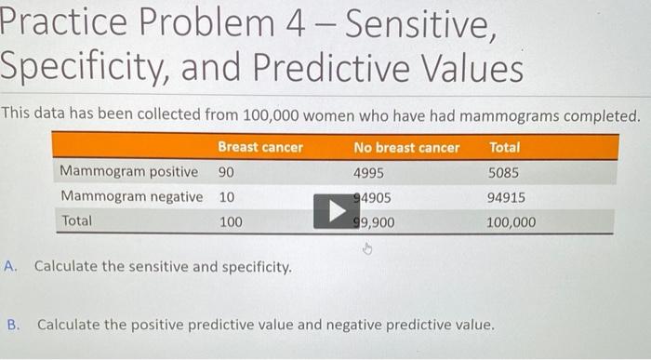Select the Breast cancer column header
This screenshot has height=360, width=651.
(x=259, y=147)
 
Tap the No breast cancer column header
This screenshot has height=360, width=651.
(x=406, y=147)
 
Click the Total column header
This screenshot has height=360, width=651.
(x=504, y=147)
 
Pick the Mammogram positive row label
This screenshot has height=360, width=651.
(x=128, y=172)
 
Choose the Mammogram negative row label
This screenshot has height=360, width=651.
(x=131, y=197)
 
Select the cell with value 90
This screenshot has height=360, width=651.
(x=226, y=172)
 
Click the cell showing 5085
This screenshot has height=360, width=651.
(x=504, y=172)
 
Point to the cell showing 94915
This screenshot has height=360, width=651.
(x=506, y=197)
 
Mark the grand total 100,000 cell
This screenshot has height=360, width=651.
(x=511, y=222)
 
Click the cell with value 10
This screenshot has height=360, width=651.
(x=226, y=197)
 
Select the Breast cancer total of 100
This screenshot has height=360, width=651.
(x=230, y=222)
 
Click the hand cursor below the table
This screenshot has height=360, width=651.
(x=366, y=249)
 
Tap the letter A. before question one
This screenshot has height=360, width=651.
(x=11, y=266)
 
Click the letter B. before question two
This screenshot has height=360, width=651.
(x=13, y=326)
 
